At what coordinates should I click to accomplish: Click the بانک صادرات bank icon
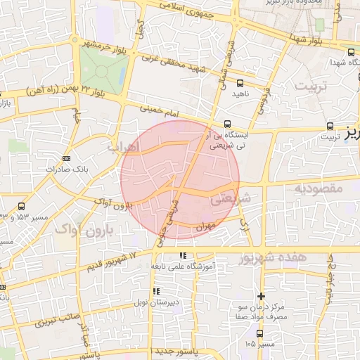(66, 158)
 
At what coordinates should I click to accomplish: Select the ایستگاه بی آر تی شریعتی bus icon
(226, 124)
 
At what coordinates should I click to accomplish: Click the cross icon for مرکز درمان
(262, 296)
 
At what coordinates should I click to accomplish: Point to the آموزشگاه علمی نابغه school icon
(183, 256)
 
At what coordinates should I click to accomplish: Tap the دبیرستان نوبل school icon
(156, 290)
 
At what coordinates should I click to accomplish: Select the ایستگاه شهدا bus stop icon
(351, 51)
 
